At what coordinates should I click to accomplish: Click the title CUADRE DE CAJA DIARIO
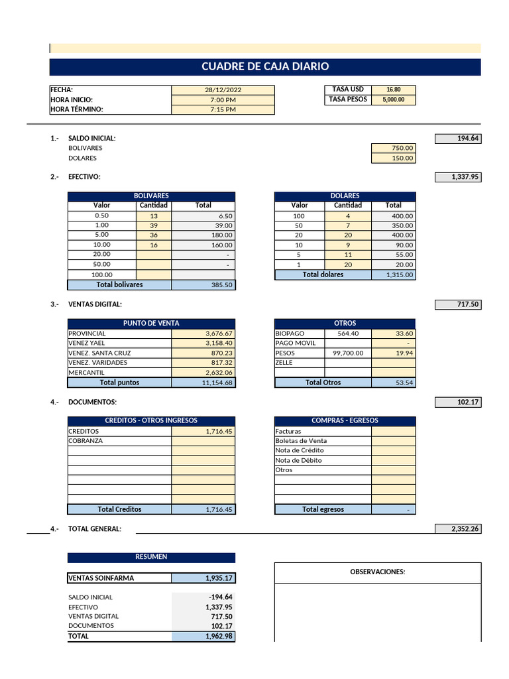(x=265, y=67)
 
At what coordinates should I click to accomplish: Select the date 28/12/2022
(x=223, y=90)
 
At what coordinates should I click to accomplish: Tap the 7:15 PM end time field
(x=223, y=109)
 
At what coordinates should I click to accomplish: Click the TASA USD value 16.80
(x=393, y=90)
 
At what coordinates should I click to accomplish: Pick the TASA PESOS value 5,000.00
(x=393, y=99)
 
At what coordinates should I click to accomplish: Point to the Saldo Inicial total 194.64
(x=457, y=139)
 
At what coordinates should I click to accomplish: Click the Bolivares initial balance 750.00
(x=394, y=149)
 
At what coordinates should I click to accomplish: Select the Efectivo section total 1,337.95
(x=457, y=177)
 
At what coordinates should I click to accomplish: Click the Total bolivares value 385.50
(x=203, y=284)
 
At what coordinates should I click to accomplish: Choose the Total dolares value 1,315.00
(x=394, y=275)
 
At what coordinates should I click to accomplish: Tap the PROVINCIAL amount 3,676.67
(x=203, y=334)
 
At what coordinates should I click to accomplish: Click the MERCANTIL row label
(x=87, y=373)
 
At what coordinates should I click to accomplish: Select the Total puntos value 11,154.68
(x=203, y=383)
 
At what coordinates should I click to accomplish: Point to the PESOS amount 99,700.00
(x=348, y=353)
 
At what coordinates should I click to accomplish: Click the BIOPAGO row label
(x=290, y=334)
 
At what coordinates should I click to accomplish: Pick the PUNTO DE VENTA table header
(x=151, y=324)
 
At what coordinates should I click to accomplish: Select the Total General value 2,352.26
(x=457, y=528)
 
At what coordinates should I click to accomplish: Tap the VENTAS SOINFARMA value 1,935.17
(x=203, y=578)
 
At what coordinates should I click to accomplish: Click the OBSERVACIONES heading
(x=378, y=572)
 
